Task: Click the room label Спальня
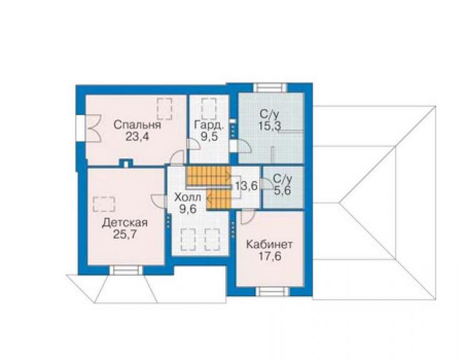pyautogui.click(x=137, y=125)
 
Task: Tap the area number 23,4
pyautogui.click(x=137, y=137)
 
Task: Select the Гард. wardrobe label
pyautogui.click(x=209, y=125)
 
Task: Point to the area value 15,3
pyautogui.click(x=270, y=126)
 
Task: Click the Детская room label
pyautogui.click(x=125, y=222)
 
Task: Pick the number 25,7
pyautogui.click(x=125, y=234)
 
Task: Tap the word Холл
pyautogui.click(x=188, y=197)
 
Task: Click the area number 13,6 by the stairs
pyautogui.click(x=247, y=186)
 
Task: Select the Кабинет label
pyautogui.click(x=269, y=244)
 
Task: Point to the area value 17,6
pyautogui.click(x=270, y=256)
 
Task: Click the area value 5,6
pyautogui.click(x=283, y=190)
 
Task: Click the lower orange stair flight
pyautogui.click(x=218, y=198)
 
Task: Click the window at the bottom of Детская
pyautogui.click(x=126, y=270)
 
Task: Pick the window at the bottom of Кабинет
pyautogui.click(x=272, y=291)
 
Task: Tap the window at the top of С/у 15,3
pyautogui.click(x=270, y=88)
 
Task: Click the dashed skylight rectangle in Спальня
pyautogui.click(x=165, y=109)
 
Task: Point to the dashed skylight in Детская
pyautogui.click(x=104, y=204)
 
